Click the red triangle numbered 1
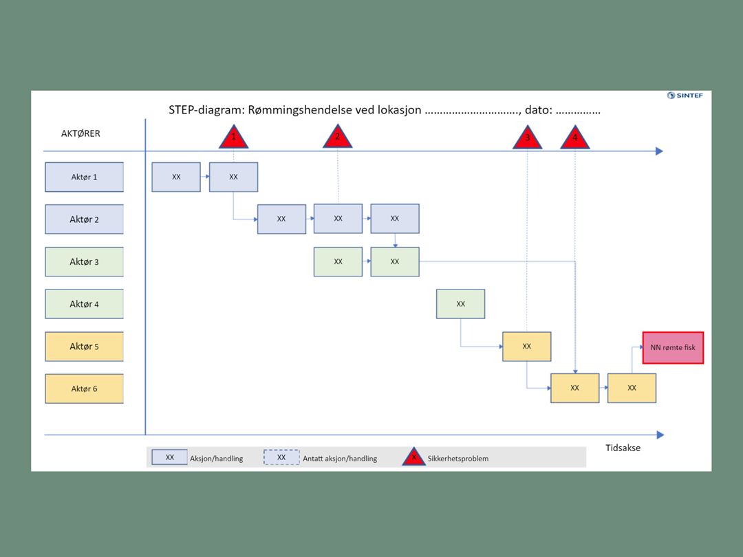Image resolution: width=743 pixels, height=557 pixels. pyautogui.click(x=233, y=138)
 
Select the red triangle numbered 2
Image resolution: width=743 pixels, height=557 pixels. pyautogui.click(x=338, y=138)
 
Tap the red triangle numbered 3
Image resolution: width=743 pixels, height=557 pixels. pyautogui.click(x=527, y=139)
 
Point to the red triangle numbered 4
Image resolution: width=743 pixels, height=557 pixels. pyautogui.click(x=574, y=139)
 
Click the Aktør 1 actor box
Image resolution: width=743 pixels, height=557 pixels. pyautogui.click(x=85, y=177)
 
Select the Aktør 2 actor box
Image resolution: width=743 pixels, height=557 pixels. pyautogui.click(x=85, y=219)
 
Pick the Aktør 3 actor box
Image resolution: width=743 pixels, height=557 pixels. pyautogui.click(x=85, y=262)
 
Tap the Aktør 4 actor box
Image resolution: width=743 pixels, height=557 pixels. pyautogui.click(x=85, y=304)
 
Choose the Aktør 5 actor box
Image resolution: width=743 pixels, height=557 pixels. pyautogui.click(x=85, y=347)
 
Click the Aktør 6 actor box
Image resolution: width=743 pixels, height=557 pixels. pyautogui.click(x=85, y=389)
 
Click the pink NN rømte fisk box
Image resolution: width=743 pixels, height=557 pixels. pyautogui.click(x=673, y=347)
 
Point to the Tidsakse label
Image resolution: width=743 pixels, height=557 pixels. pyautogui.click(x=623, y=448)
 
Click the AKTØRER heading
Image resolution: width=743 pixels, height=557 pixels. pyautogui.click(x=80, y=133)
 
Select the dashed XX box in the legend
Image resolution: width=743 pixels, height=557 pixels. pyautogui.click(x=281, y=457)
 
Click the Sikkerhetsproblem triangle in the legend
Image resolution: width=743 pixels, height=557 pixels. pyautogui.click(x=413, y=457)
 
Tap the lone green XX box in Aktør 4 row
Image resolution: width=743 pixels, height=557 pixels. pyautogui.click(x=460, y=304)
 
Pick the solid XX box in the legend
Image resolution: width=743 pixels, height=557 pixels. pyautogui.click(x=170, y=457)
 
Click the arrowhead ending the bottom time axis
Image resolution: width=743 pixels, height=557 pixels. pyautogui.click(x=660, y=435)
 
